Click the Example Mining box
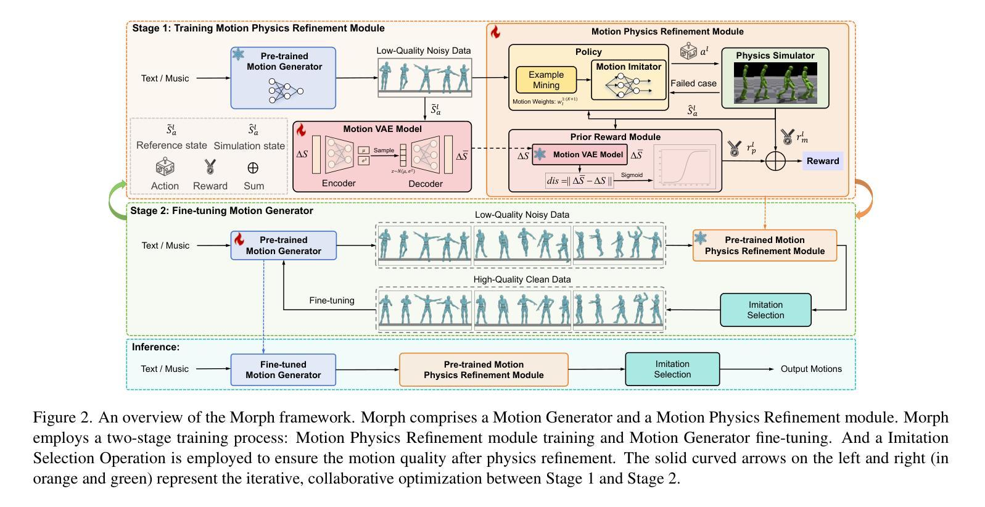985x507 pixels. click(x=546, y=80)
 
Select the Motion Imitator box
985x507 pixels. click(x=628, y=80)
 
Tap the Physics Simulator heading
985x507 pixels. click(x=775, y=56)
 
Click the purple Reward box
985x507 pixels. click(x=822, y=161)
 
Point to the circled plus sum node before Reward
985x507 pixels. click(x=775, y=161)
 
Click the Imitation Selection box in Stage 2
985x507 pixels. click(x=765, y=310)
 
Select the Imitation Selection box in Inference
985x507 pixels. click(x=672, y=369)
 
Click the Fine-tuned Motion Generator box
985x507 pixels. click(x=283, y=369)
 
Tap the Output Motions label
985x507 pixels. click(x=811, y=369)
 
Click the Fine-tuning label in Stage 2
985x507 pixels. click(x=332, y=300)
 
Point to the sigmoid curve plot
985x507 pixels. click(x=684, y=165)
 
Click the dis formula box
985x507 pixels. click(x=579, y=181)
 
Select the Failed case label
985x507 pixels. click(x=693, y=83)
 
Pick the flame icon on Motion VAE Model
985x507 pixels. click(x=302, y=130)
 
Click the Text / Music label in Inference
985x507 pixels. click(x=165, y=369)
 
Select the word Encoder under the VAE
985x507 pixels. click(x=339, y=183)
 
